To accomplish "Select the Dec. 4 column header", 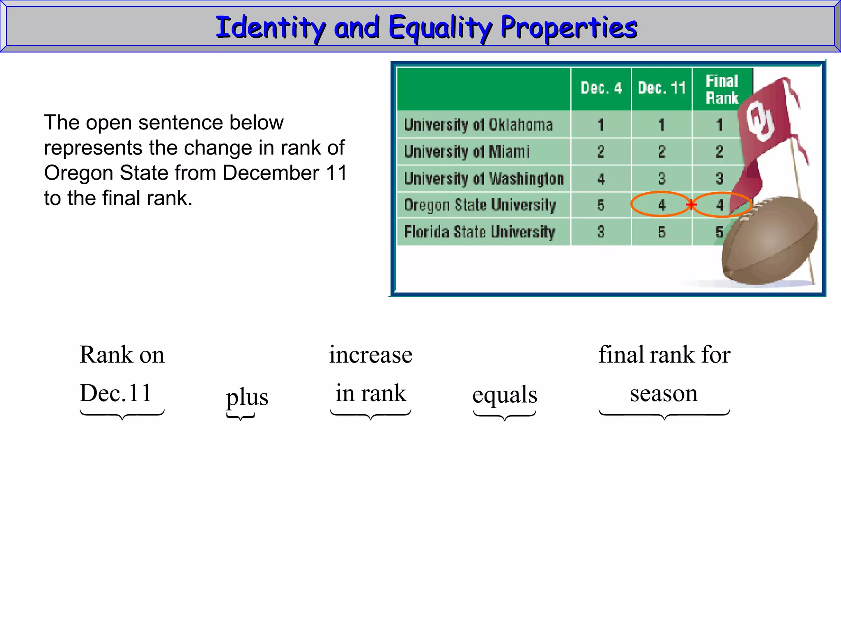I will click(x=601, y=88).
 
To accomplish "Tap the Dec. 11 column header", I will click(x=662, y=88).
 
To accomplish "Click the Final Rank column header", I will click(x=722, y=89).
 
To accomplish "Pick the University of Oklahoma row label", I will click(x=478, y=125).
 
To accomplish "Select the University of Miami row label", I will click(x=467, y=152).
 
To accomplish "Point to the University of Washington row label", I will click(x=484, y=179).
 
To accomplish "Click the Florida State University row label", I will click(x=480, y=232).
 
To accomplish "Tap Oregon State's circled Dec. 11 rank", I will click(x=662, y=205).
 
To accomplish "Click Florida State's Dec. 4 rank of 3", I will click(x=601, y=232).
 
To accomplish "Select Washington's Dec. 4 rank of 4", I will click(x=601, y=179).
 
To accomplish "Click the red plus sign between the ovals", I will click(x=692, y=204).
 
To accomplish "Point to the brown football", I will click(x=770, y=242).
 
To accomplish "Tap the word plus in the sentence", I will click(x=247, y=397).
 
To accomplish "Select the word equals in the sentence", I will click(x=505, y=395).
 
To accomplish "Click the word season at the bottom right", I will click(x=664, y=393).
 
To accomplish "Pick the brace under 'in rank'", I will click(x=370, y=415).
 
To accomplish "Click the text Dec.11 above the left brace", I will click(x=115, y=393).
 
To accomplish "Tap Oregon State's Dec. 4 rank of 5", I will click(x=601, y=205).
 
